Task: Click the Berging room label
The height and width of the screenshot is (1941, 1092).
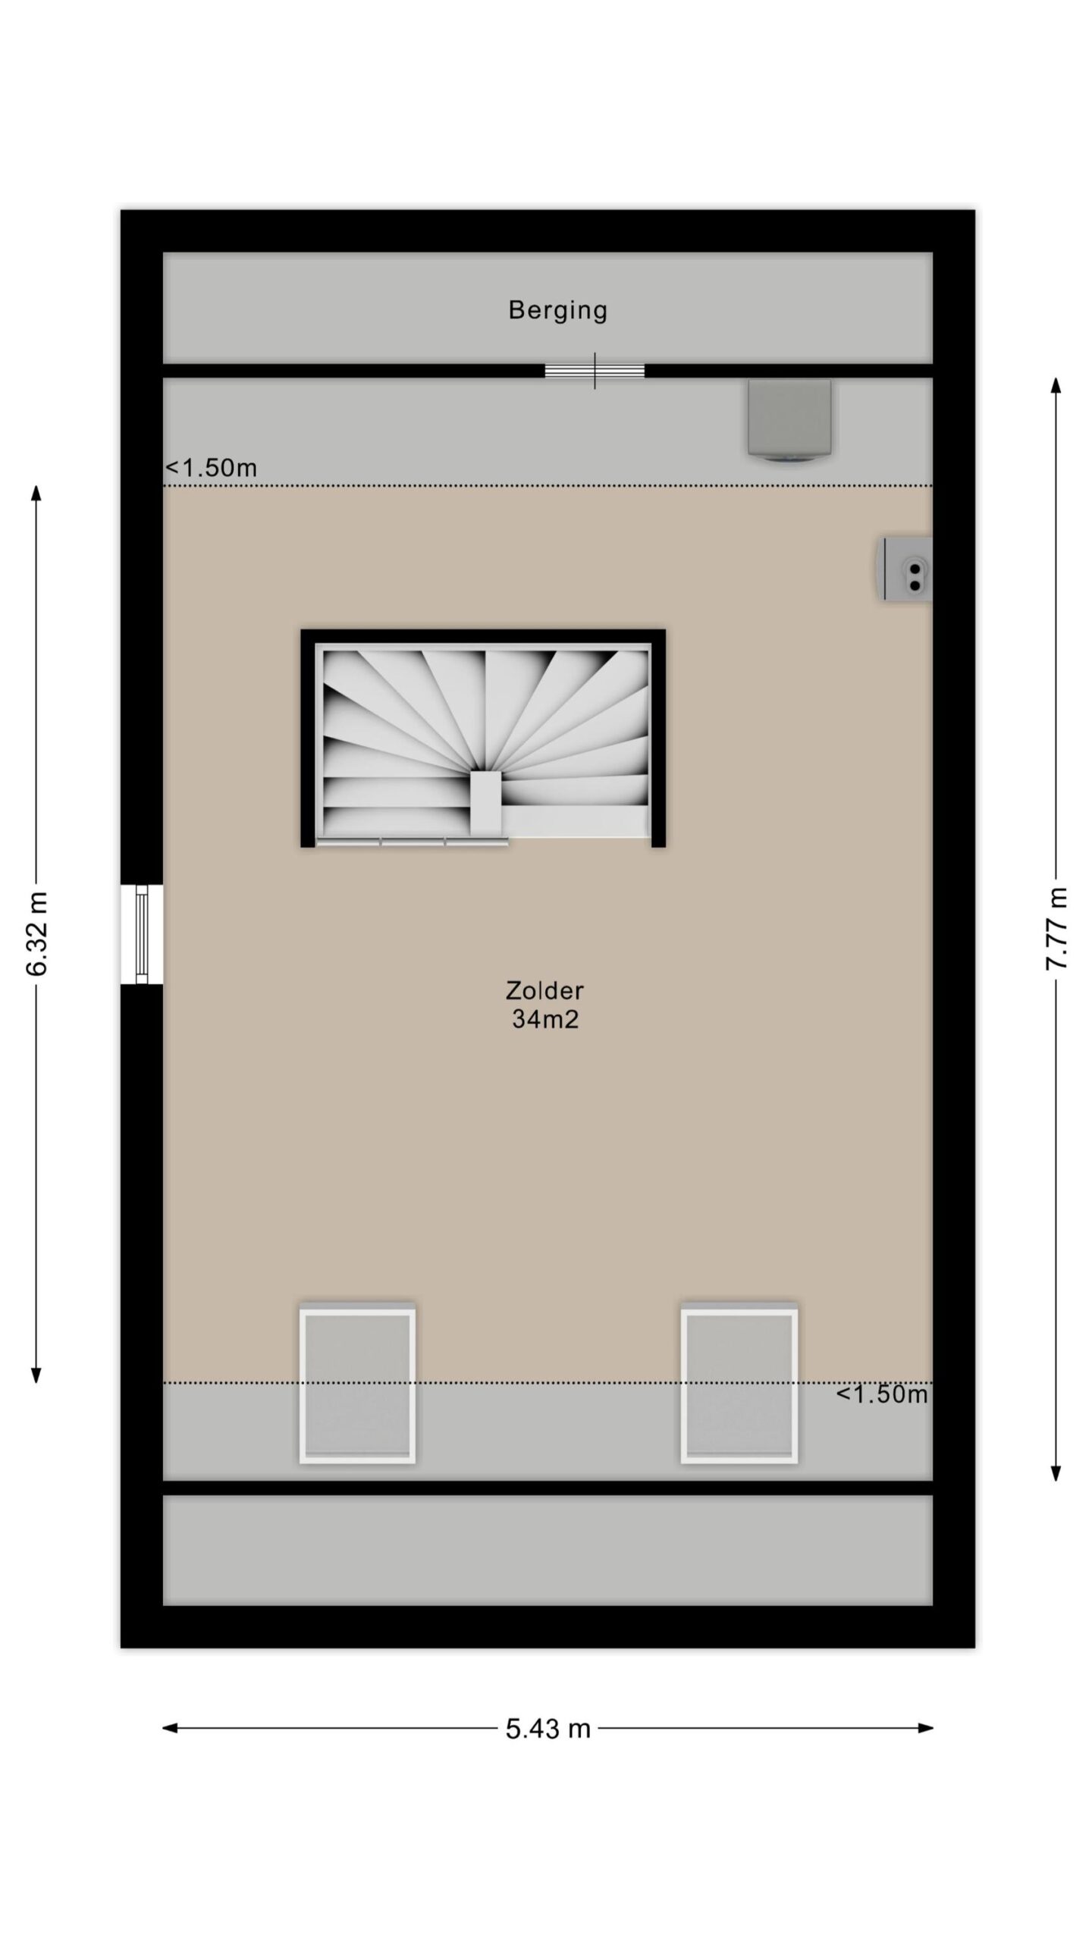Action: point(557,310)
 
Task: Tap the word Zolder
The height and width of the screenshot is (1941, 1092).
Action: point(544,990)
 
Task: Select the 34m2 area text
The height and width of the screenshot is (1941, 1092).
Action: point(544,1019)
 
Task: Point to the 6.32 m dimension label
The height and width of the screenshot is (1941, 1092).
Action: point(37,933)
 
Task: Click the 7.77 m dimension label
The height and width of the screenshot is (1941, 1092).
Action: point(1056,927)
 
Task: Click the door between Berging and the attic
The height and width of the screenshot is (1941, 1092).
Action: point(595,371)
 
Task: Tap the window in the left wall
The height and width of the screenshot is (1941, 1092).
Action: point(142,934)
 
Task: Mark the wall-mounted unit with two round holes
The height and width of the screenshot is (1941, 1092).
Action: point(905,569)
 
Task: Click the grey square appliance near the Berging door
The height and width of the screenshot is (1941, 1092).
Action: point(789,420)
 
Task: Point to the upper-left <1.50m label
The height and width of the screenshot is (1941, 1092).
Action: point(212,468)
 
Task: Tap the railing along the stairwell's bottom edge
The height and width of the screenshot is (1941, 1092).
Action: point(412,842)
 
